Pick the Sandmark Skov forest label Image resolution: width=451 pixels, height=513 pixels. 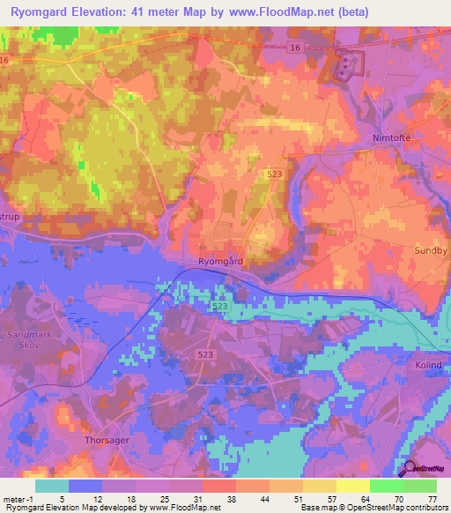pyautogui.click(x=29, y=341)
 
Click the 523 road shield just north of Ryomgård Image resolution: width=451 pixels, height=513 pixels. pyautogui.click(x=275, y=176)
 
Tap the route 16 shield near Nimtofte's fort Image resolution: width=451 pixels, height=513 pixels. pyautogui.click(x=293, y=45)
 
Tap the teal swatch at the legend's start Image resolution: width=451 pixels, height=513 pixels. pyautogui.click(x=52, y=485)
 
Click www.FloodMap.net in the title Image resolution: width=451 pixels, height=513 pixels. pyautogui.click(x=277, y=11)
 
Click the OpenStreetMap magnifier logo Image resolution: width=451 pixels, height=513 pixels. pyautogui.click(x=410, y=471)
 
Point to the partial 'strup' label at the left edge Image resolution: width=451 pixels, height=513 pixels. pyautogui.click(x=10, y=216)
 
